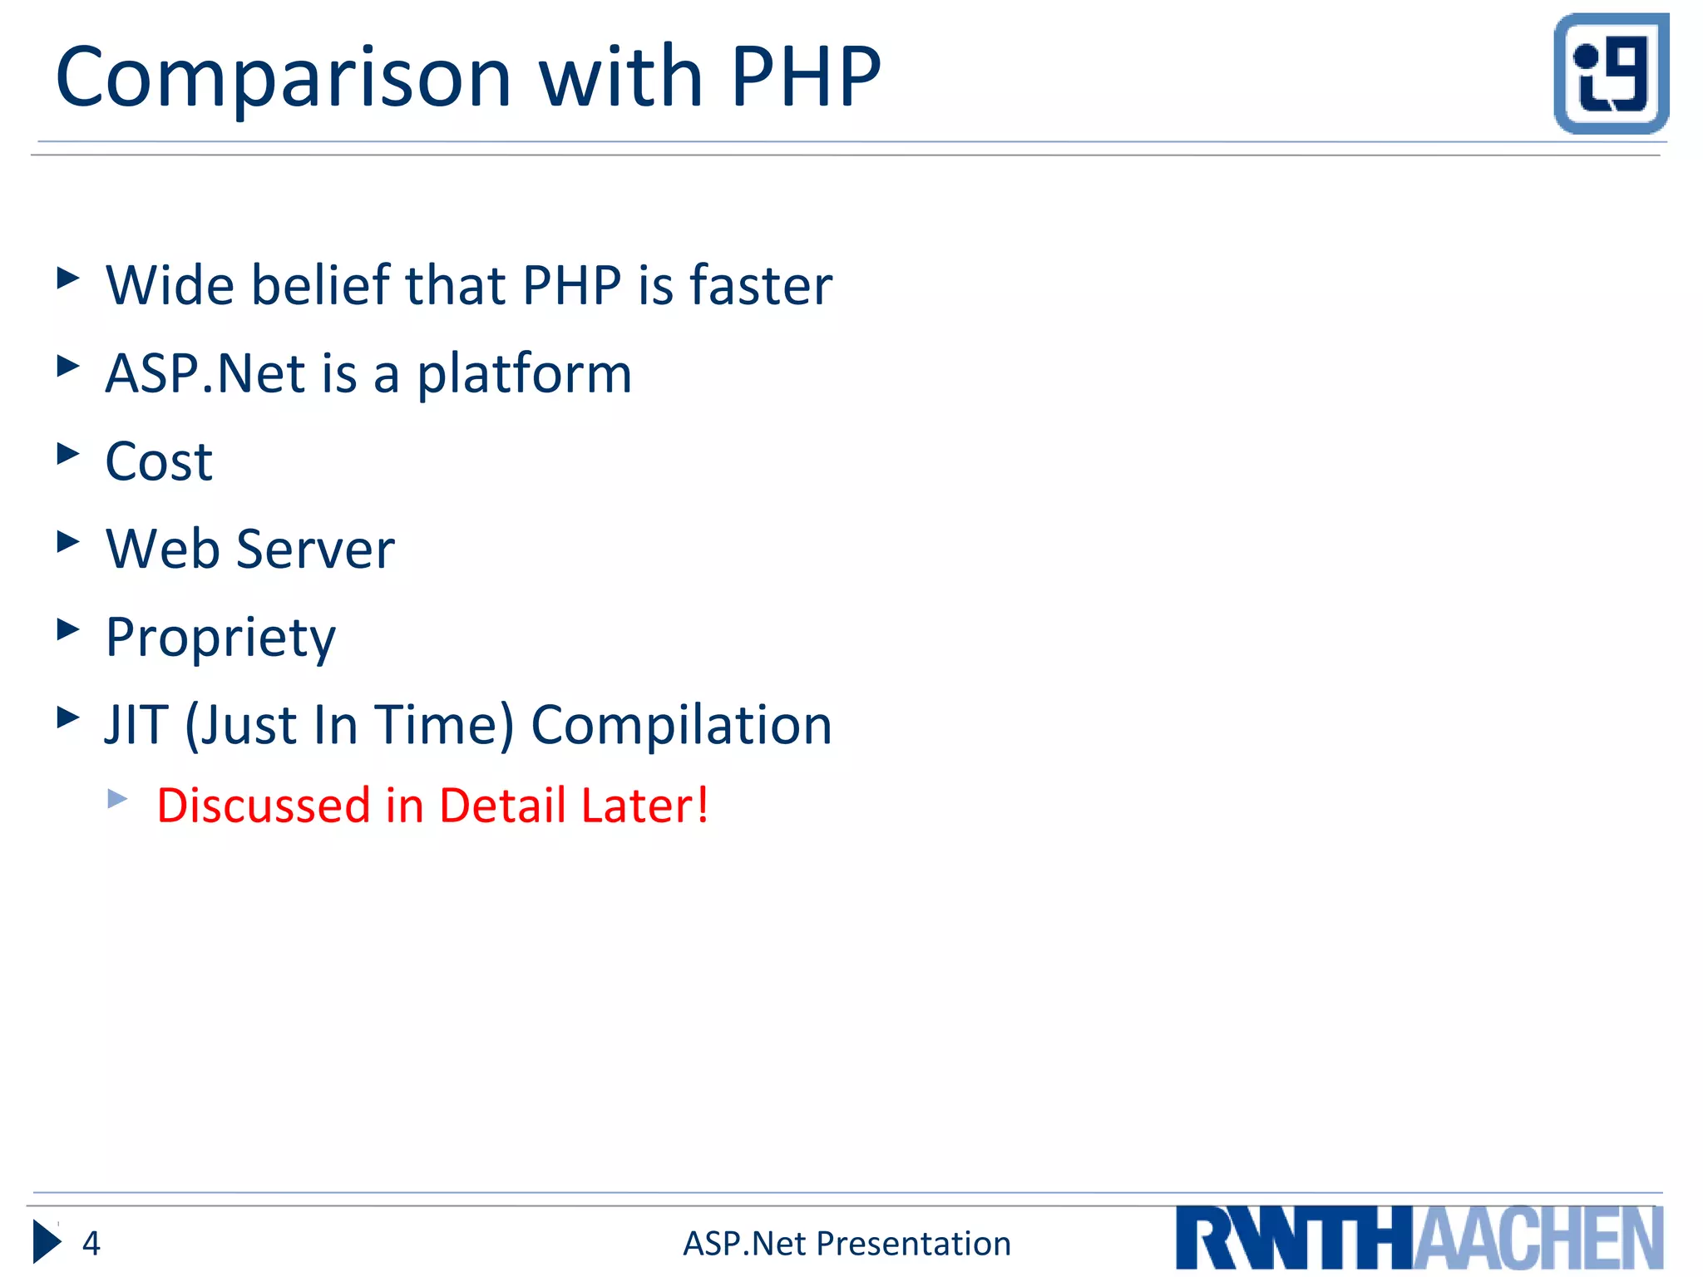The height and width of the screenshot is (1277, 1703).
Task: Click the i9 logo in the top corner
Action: coord(1611,74)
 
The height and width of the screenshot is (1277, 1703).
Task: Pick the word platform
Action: coord(524,375)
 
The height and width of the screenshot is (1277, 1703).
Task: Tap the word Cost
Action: coord(159,461)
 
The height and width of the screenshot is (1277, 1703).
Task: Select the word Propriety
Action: coord(220,638)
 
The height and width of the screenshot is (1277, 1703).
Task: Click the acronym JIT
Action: coord(136,725)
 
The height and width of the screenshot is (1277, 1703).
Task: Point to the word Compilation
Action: coord(681,725)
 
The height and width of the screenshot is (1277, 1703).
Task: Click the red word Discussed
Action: coord(263,806)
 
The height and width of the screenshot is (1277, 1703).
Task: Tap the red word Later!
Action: coord(644,806)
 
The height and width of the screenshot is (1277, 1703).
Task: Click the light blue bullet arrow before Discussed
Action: coord(117,800)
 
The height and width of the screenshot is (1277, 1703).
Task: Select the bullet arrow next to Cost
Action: coord(68,454)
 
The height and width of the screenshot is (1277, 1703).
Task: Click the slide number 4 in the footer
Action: coord(91,1244)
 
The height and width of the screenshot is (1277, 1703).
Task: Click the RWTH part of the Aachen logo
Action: coord(1294,1239)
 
